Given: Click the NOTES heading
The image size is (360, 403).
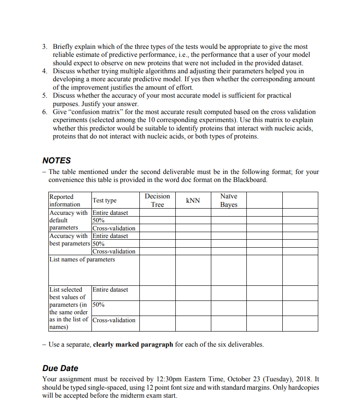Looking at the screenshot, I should pos(56,160).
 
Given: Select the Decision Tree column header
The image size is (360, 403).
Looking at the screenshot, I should pos(157,200).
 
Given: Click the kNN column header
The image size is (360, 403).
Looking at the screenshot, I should pos(193,201).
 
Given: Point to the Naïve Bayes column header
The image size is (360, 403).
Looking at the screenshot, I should pos(229,200).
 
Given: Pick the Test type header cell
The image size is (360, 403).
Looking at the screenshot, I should pos(104,201).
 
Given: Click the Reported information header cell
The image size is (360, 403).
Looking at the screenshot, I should pos(65,201).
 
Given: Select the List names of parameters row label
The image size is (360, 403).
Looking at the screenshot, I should pos(82,259).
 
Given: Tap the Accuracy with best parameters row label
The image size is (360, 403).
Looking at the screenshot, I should pos(68,240).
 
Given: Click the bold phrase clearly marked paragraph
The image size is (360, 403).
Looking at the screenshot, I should pos(133,344).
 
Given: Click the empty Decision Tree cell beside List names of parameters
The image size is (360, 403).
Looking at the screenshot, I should pos(157,270).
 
